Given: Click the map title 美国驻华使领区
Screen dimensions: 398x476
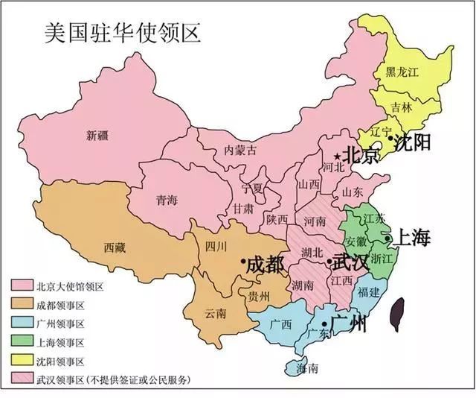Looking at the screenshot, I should click(x=123, y=34).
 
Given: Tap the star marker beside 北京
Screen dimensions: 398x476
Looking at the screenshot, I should click(x=338, y=157).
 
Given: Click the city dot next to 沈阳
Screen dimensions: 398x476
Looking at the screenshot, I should click(x=390, y=138).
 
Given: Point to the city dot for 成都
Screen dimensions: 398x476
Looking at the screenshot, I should click(x=243, y=262).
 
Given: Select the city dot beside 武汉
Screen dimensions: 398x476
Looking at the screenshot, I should click(x=329, y=262).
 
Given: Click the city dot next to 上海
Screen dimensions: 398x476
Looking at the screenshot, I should click(x=387, y=239).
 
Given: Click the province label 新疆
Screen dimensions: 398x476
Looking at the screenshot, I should click(x=97, y=136).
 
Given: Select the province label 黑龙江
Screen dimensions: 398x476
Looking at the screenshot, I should click(x=402, y=72).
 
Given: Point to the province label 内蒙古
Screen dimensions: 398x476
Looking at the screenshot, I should click(x=240, y=150).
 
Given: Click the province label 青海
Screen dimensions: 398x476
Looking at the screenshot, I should click(x=167, y=200).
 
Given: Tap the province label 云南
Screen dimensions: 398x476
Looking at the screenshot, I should click(x=213, y=314).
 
